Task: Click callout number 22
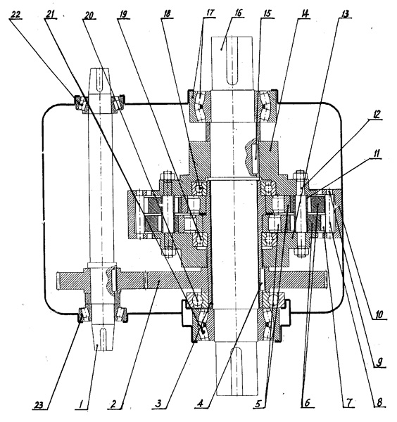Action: point(15,15)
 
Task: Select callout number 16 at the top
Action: point(238,13)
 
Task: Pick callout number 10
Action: point(379,314)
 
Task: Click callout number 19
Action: point(122,15)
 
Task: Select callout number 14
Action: point(304,14)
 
